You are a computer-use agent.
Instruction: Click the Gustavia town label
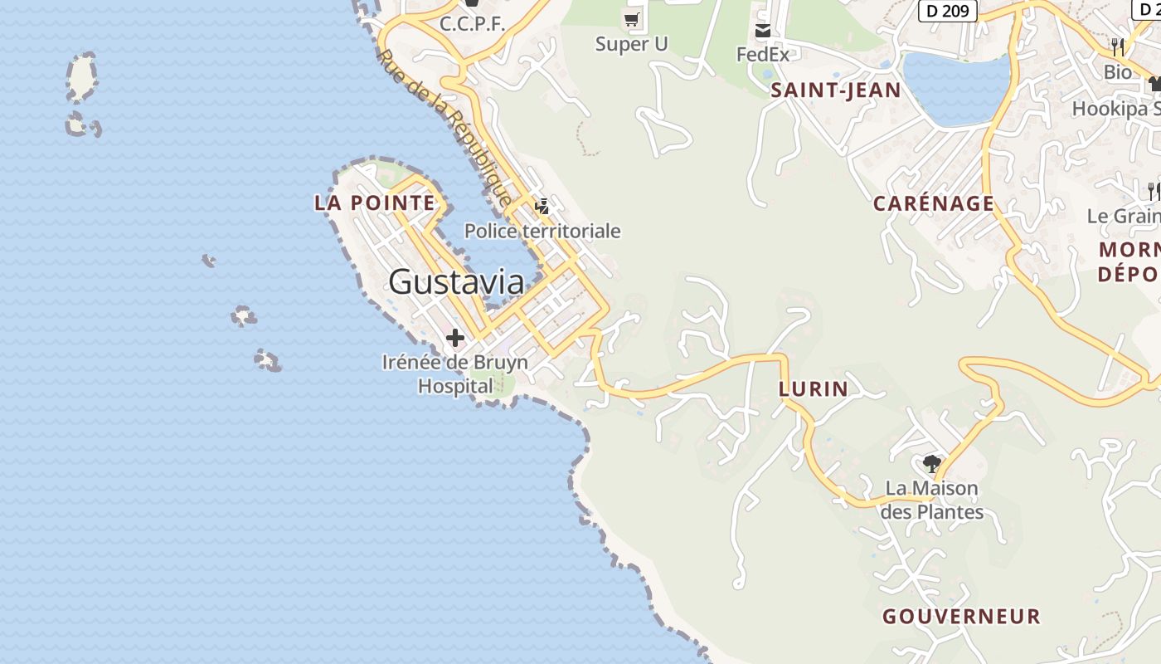coord(456,282)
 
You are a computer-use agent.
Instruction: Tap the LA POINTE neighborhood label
coord(375,203)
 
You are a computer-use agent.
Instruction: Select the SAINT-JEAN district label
coord(835,90)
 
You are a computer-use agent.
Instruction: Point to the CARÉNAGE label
coord(934,203)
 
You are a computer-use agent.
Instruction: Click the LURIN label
coord(814,389)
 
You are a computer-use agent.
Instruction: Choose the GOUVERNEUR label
coord(961,617)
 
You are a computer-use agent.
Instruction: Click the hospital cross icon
coord(454,338)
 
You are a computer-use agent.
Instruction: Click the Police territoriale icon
coord(542,206)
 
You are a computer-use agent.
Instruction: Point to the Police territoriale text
coord(542,231)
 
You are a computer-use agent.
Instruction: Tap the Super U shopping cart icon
coord(632,18)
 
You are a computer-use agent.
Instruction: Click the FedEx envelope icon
coord(763,31)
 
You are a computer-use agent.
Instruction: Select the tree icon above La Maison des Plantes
coord(931,463)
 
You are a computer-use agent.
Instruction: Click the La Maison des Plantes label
coord(932,500)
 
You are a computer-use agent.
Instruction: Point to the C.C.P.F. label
coord(472,24)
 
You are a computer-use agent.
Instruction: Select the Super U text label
coord(631,44)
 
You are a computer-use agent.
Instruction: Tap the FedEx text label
coord(763,54)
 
